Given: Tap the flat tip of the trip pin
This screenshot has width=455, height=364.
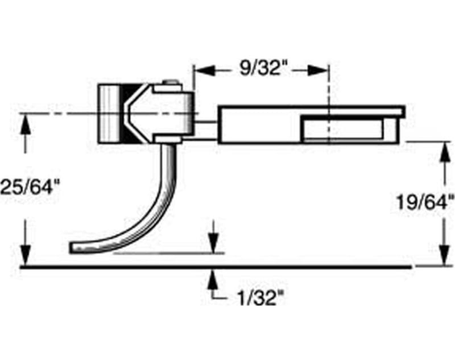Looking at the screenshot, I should (x=80, y=248).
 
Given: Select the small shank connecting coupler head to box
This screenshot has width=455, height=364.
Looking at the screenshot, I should (x=206, y=125).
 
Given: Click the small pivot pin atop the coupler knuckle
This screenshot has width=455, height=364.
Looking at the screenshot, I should (x=169, y=84).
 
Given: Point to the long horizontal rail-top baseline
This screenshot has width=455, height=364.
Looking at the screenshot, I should (x=216, y=266).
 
